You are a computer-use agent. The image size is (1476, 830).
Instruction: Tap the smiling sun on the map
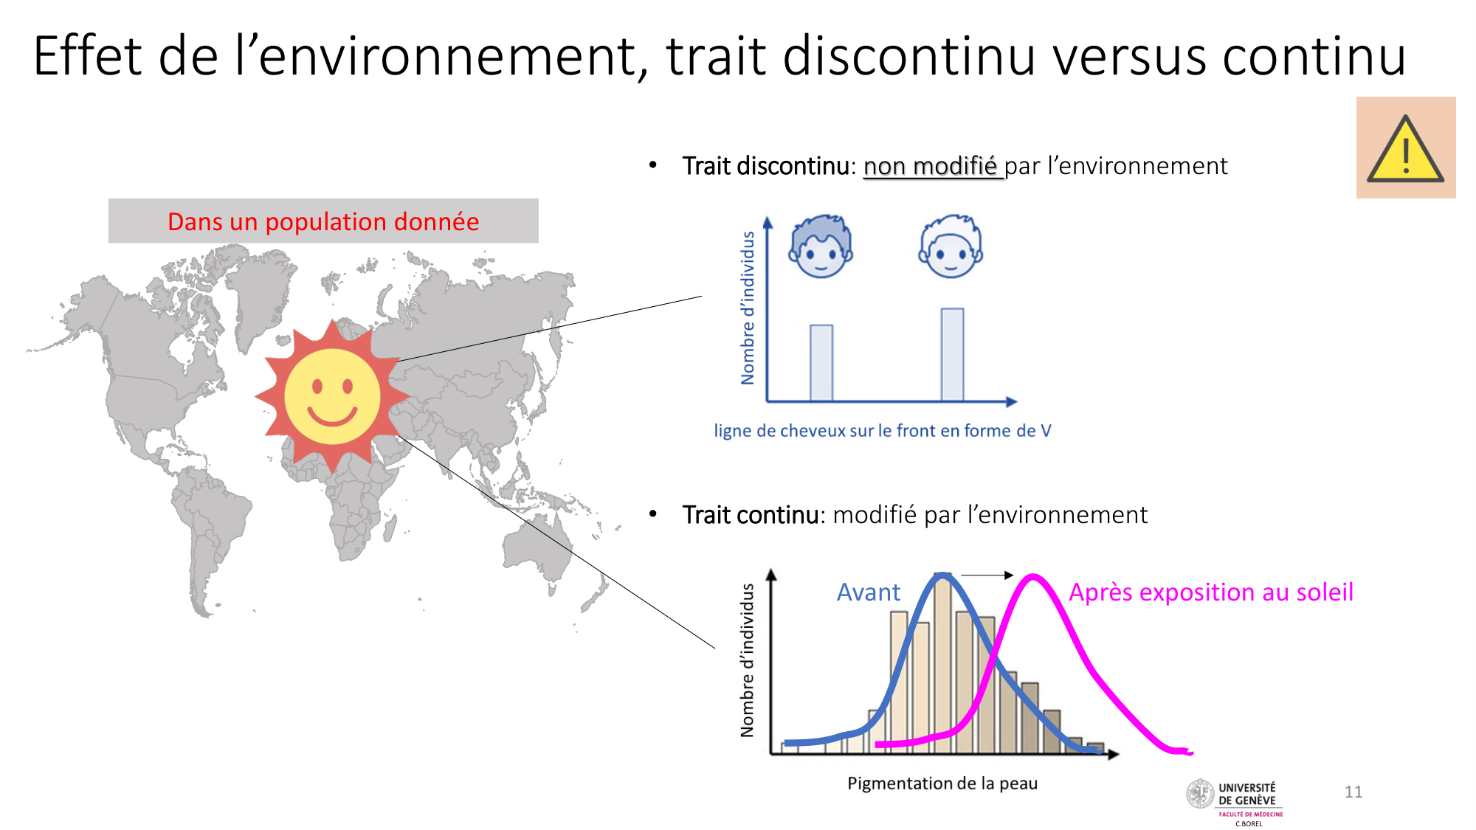click(x=333, y=395)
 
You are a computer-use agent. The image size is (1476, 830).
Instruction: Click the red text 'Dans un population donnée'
click(x=323, y=221)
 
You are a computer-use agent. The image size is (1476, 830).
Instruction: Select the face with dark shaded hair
click(x=820, y=246)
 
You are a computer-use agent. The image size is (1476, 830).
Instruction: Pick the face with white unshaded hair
click(x=951, y=246)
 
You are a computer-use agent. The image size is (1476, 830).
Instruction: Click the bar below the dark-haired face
click(x=821, y=363)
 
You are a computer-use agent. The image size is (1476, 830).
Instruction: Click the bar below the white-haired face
click(x=952, y=355)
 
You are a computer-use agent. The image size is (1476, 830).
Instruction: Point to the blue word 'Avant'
click(x=869, y=592)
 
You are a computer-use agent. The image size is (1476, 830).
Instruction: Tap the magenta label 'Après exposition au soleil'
click(x=1211, y=592)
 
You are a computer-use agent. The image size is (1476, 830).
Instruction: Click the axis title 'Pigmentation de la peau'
click(x=942, y=784)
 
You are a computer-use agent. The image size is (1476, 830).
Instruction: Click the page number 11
click(x=1353, y=792)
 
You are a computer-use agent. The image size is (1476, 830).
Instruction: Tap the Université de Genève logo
click(x=1235, y=800)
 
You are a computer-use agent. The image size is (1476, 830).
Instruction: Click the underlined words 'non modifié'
click(x=931, y=167)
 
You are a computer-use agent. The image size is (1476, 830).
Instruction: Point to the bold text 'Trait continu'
click(x=750, y=515)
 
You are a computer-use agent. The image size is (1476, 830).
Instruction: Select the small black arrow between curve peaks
click(x=987, y=575)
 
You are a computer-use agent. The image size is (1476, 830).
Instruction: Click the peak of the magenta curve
click(x=1033, y=575)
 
